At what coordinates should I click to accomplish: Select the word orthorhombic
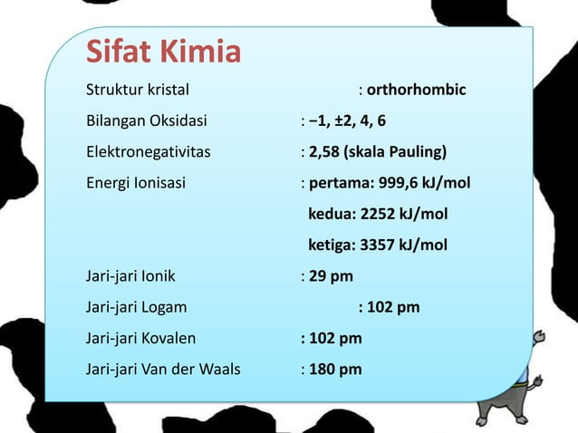(x=417, y=91)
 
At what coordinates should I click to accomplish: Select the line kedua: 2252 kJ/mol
(x=378, y=215)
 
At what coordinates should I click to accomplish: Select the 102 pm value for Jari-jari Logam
(x=393, y=307)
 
